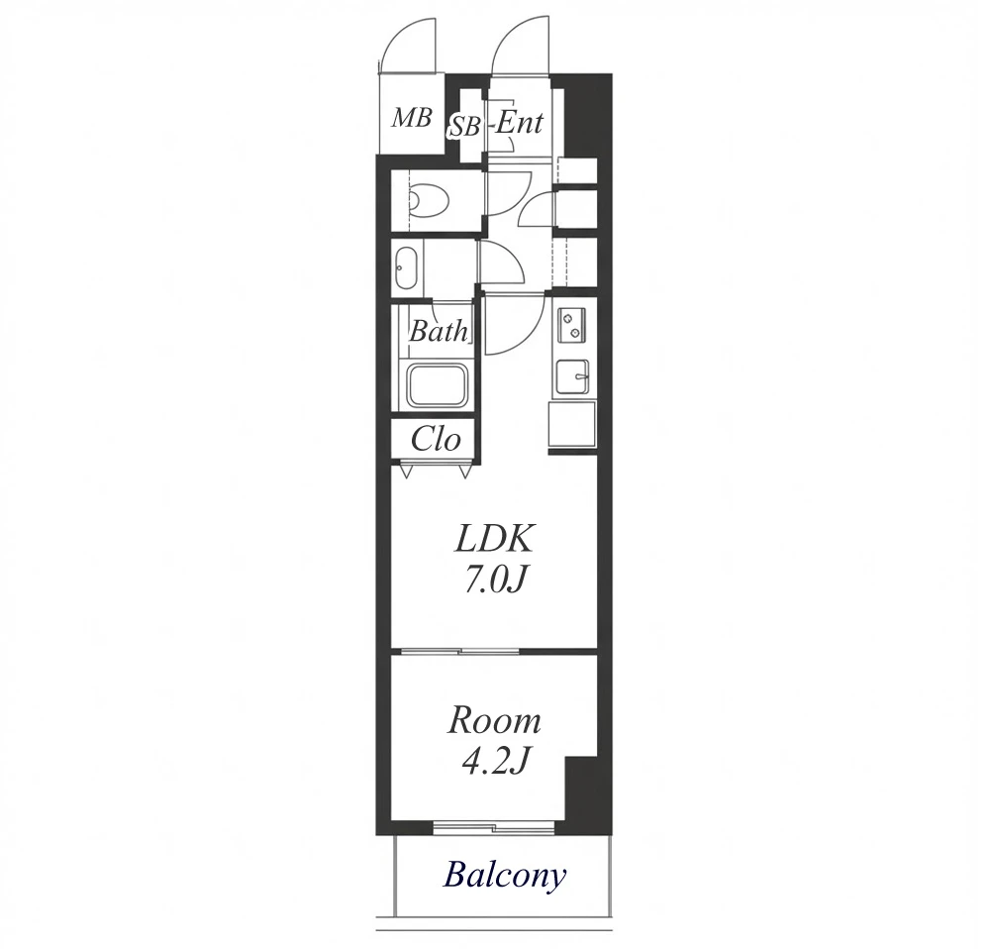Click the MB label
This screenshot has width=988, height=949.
pos(412,118)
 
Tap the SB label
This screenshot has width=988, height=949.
pos(464,128)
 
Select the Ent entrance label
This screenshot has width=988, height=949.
pos(519,122)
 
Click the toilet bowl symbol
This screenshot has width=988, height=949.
pos(429,200)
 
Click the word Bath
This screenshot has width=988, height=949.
pos(439,331)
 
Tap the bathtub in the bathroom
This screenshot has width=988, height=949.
pos(438,385)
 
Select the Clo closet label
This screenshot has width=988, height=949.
pos(436,440)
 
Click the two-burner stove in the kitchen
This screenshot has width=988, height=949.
pos(571,325)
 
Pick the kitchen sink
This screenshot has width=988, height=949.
pos(571,377)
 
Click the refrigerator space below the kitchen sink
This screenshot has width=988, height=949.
pos(571,424)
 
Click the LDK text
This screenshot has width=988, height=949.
pos(495,539)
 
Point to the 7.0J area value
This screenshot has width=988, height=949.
pos(495,580)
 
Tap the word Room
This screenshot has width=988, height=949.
pos(495,721)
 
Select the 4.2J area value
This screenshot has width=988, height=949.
pos(494,762)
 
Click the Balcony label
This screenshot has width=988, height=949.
pos(505,876)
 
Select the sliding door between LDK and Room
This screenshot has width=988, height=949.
pos(460,651)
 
